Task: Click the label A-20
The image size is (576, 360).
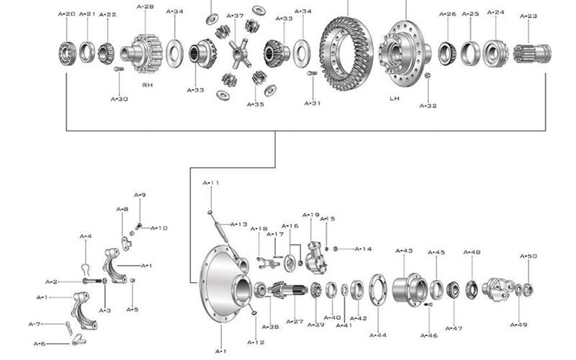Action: click(66, 14)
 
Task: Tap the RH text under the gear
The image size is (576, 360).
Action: click(148, 85)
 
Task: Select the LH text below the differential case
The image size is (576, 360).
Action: click(395, 98)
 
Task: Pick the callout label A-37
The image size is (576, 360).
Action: click(235, 16)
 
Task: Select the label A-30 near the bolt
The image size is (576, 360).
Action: click(120, 99)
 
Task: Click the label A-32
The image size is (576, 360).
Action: click(428, 106)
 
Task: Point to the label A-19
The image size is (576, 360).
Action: click(310, 215)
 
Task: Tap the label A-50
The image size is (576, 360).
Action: click(528, 256)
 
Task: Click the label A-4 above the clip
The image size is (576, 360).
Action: click(85, 236)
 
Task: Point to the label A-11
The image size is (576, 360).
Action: click(211, 183)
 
